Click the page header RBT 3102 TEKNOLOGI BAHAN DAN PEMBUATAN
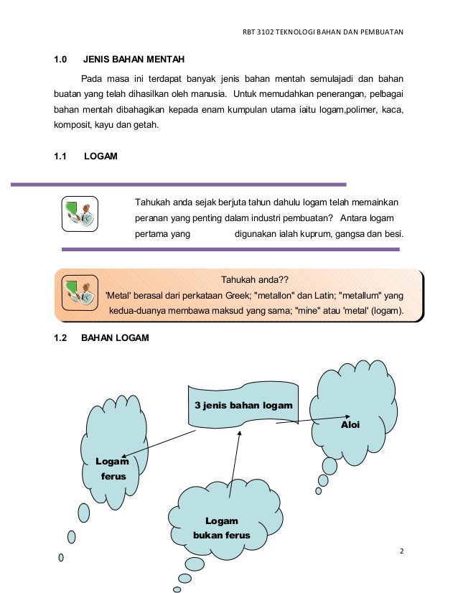(323, 32)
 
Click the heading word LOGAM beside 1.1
(101, 156)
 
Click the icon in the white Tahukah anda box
(79, 214)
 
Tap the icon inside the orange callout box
(79, 291)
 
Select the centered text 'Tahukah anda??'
(254, 280)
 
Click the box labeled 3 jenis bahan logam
(243, 406)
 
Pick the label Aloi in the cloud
(350, 425)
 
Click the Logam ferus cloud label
(113, 469)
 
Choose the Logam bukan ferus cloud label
(221, 528)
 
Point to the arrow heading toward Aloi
(314, 419)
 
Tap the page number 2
(402, 551)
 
